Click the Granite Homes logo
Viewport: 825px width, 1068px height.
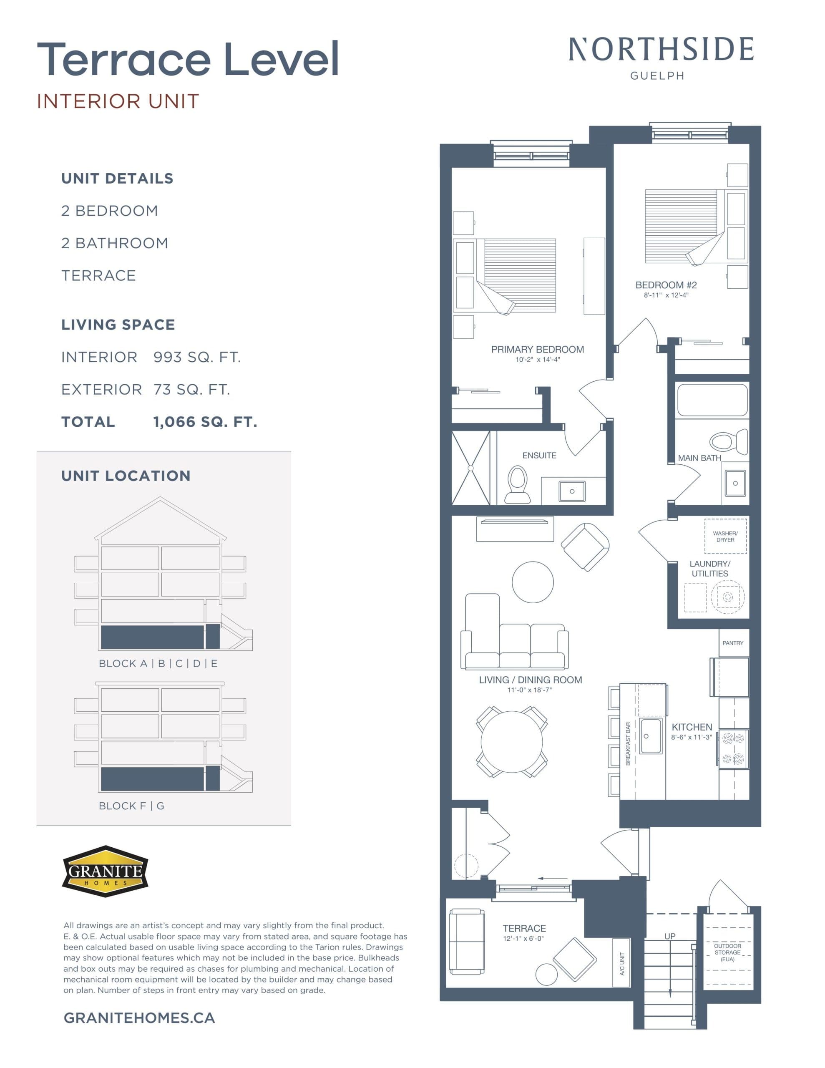pyautogui.click(x=105, y=871)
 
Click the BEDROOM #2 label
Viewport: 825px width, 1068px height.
pyautogui.click(x=666, y=285)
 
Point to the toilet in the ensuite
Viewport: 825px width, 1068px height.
pyautogui.click(x=518, y=484)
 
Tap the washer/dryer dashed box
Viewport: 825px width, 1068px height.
pyautogui.click(x=725, y=536)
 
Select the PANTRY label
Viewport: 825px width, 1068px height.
pyautogui.click(x=732, y=643)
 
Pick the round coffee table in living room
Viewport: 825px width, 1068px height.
pyautogui.click(x=533, y=582)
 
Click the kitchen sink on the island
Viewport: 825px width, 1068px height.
pyautogui.click(x=650, y=736)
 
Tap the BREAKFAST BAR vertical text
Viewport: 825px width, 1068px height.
pyautogui.click(x=628, y=743)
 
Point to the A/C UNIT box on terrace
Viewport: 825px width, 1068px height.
pyautogui.click(x=621, y=963)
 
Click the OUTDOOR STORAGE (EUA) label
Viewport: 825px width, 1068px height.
pyautogui.click(x=727, y=952)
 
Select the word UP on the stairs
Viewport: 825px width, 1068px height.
pyautogui.click(x=669, y=936)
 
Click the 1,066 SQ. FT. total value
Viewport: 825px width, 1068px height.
pyautogui.click(x=205, y=422)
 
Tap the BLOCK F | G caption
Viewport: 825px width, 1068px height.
pyautogui.click(x=131, y=806)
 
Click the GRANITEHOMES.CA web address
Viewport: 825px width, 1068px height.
pyautogui.click(x=139, y=1018)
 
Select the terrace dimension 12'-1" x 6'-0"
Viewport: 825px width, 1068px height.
pyautogui.click(x=523, y=938)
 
